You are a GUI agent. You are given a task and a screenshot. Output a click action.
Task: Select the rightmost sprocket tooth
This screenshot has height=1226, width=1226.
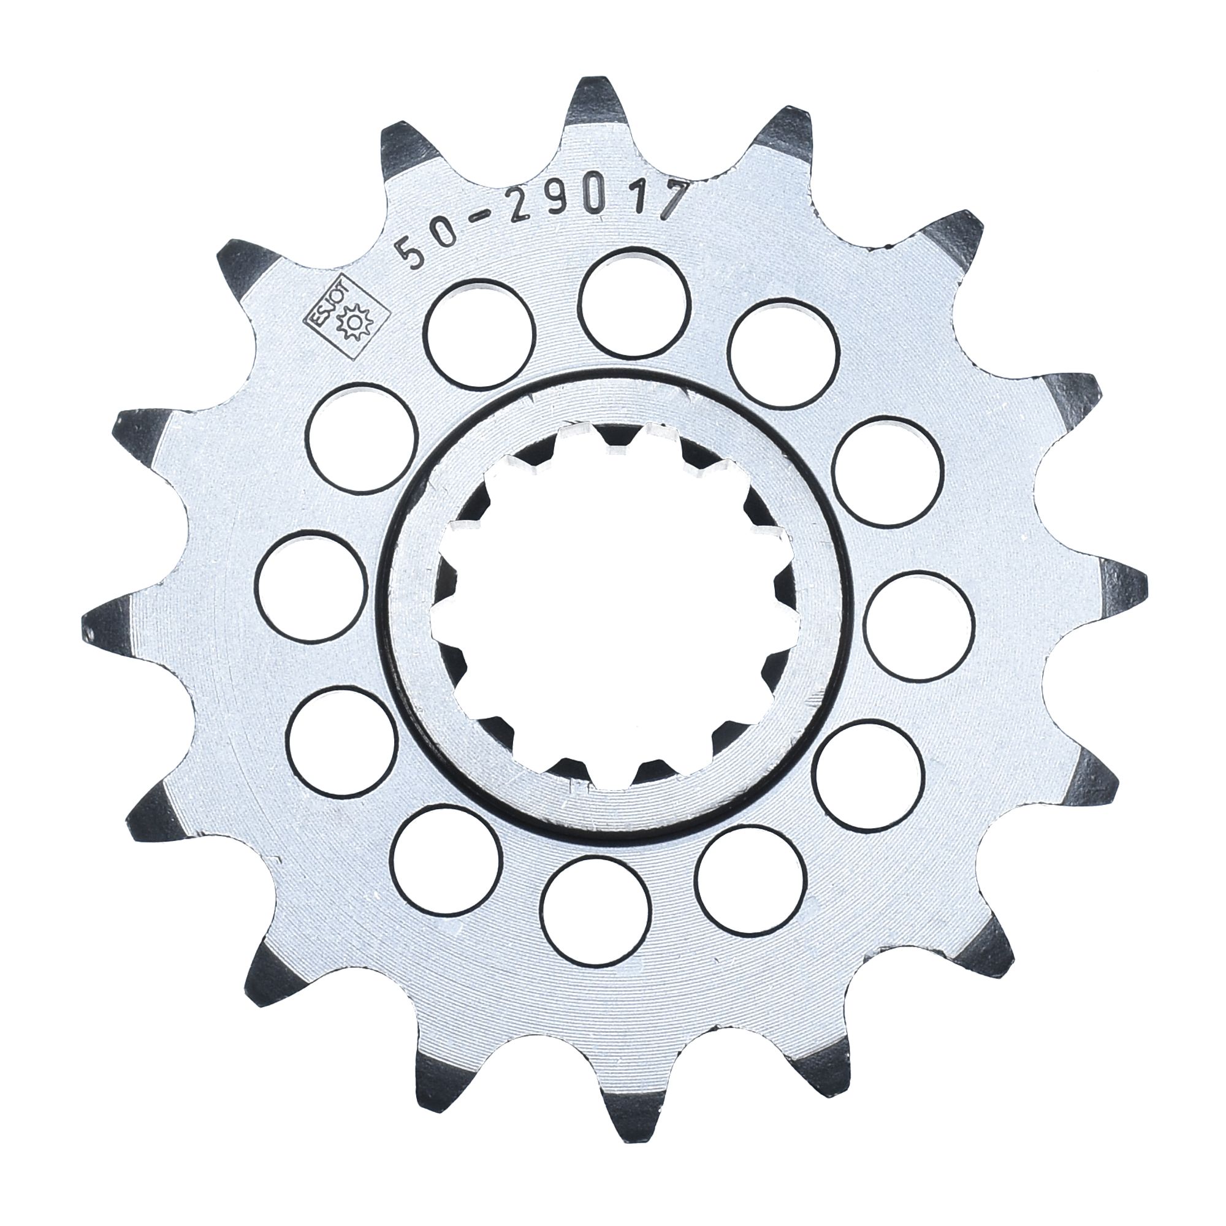(1117, 587)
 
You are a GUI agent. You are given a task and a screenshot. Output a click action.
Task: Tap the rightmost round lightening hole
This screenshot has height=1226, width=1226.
(919, 625)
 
